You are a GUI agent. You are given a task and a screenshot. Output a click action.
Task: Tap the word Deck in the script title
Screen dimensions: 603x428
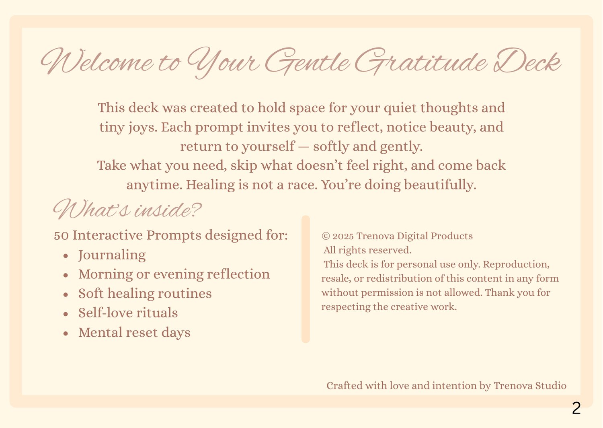point(527,61)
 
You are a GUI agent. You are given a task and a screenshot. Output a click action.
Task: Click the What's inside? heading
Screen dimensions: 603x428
point(127,209)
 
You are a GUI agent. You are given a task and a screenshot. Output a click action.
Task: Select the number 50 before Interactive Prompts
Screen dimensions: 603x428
point(61,236)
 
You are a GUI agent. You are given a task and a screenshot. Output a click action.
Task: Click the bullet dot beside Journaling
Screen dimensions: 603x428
point(66,255)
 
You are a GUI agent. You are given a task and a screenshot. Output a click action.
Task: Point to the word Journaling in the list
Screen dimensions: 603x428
point(112,255)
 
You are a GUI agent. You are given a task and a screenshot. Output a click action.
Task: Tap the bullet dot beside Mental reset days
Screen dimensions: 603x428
point(66,333)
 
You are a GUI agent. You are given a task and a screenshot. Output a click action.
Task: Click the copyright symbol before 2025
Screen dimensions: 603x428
point(326,236)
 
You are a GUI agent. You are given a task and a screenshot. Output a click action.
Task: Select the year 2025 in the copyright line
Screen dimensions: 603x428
point(343,236)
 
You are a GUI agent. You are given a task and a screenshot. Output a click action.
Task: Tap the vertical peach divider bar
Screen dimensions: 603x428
point(306,279)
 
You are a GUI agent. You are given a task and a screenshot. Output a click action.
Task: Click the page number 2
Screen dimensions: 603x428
point(576,408)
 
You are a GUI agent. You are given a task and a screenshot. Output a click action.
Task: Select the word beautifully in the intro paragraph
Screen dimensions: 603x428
point(440,185)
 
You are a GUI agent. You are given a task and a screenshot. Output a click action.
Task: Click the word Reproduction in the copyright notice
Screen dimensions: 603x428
point(516,264)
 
